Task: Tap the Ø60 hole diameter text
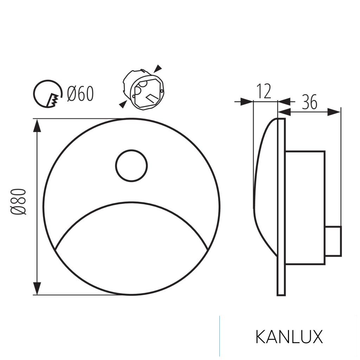coord(81,94)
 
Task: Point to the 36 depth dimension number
coord(309,102)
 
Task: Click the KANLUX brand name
coord(289,337)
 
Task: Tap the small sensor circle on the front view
coord(131,166)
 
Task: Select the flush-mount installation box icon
coord(142,90)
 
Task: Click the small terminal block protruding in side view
coord(333,241)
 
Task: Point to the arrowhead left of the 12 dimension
coord(246,102)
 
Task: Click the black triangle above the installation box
coord(159,67)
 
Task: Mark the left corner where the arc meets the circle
coord(57,249)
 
